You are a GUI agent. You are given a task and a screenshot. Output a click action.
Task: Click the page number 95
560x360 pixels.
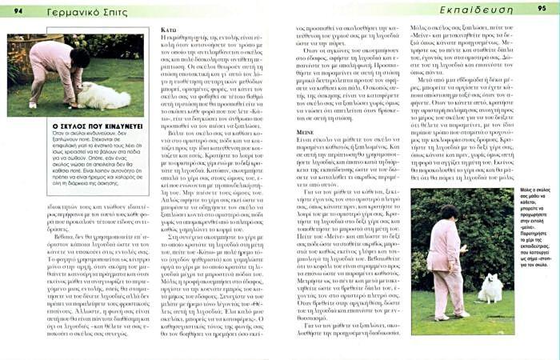[x=543, y=8]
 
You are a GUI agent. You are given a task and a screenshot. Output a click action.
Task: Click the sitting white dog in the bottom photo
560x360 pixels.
[x=490, y=290]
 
